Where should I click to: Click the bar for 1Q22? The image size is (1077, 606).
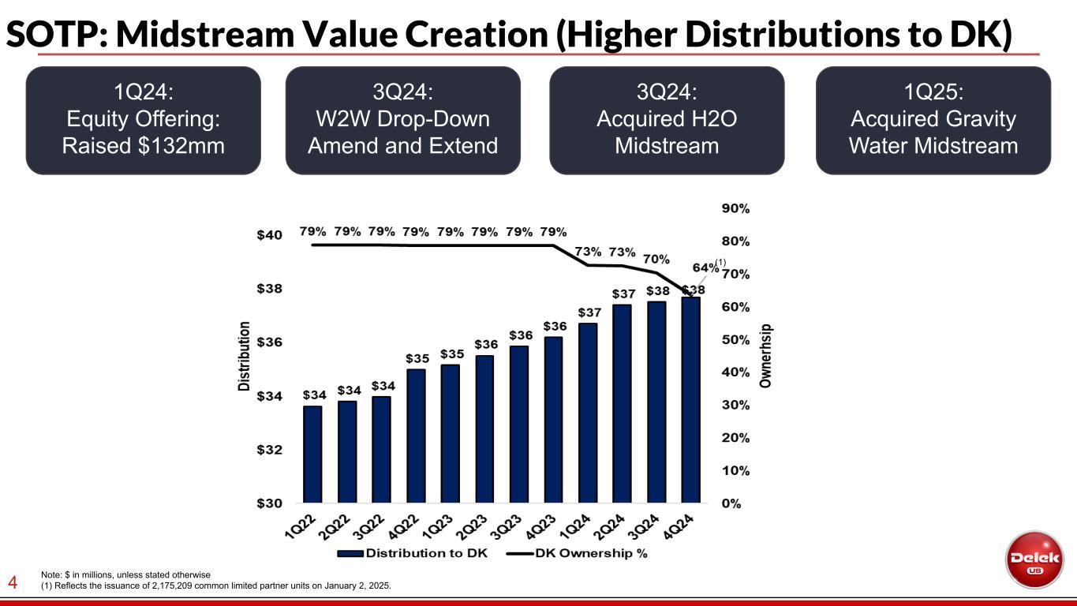pos(312,454)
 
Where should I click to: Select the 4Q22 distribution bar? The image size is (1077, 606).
pos(416,436)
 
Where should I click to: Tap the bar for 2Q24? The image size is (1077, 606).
pos(622,403)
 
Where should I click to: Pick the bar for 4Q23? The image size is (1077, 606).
pos(553,419)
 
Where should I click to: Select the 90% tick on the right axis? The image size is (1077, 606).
pos(735,209)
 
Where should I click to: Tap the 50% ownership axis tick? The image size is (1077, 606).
pos(735,340)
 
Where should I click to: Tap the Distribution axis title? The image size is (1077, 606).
pos(245,356)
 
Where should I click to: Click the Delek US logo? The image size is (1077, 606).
pos(1034,559)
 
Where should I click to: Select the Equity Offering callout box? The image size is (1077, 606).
pos(144,120)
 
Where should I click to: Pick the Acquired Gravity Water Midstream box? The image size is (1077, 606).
pos(933,120)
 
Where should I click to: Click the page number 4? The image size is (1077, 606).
pos(13,583)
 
